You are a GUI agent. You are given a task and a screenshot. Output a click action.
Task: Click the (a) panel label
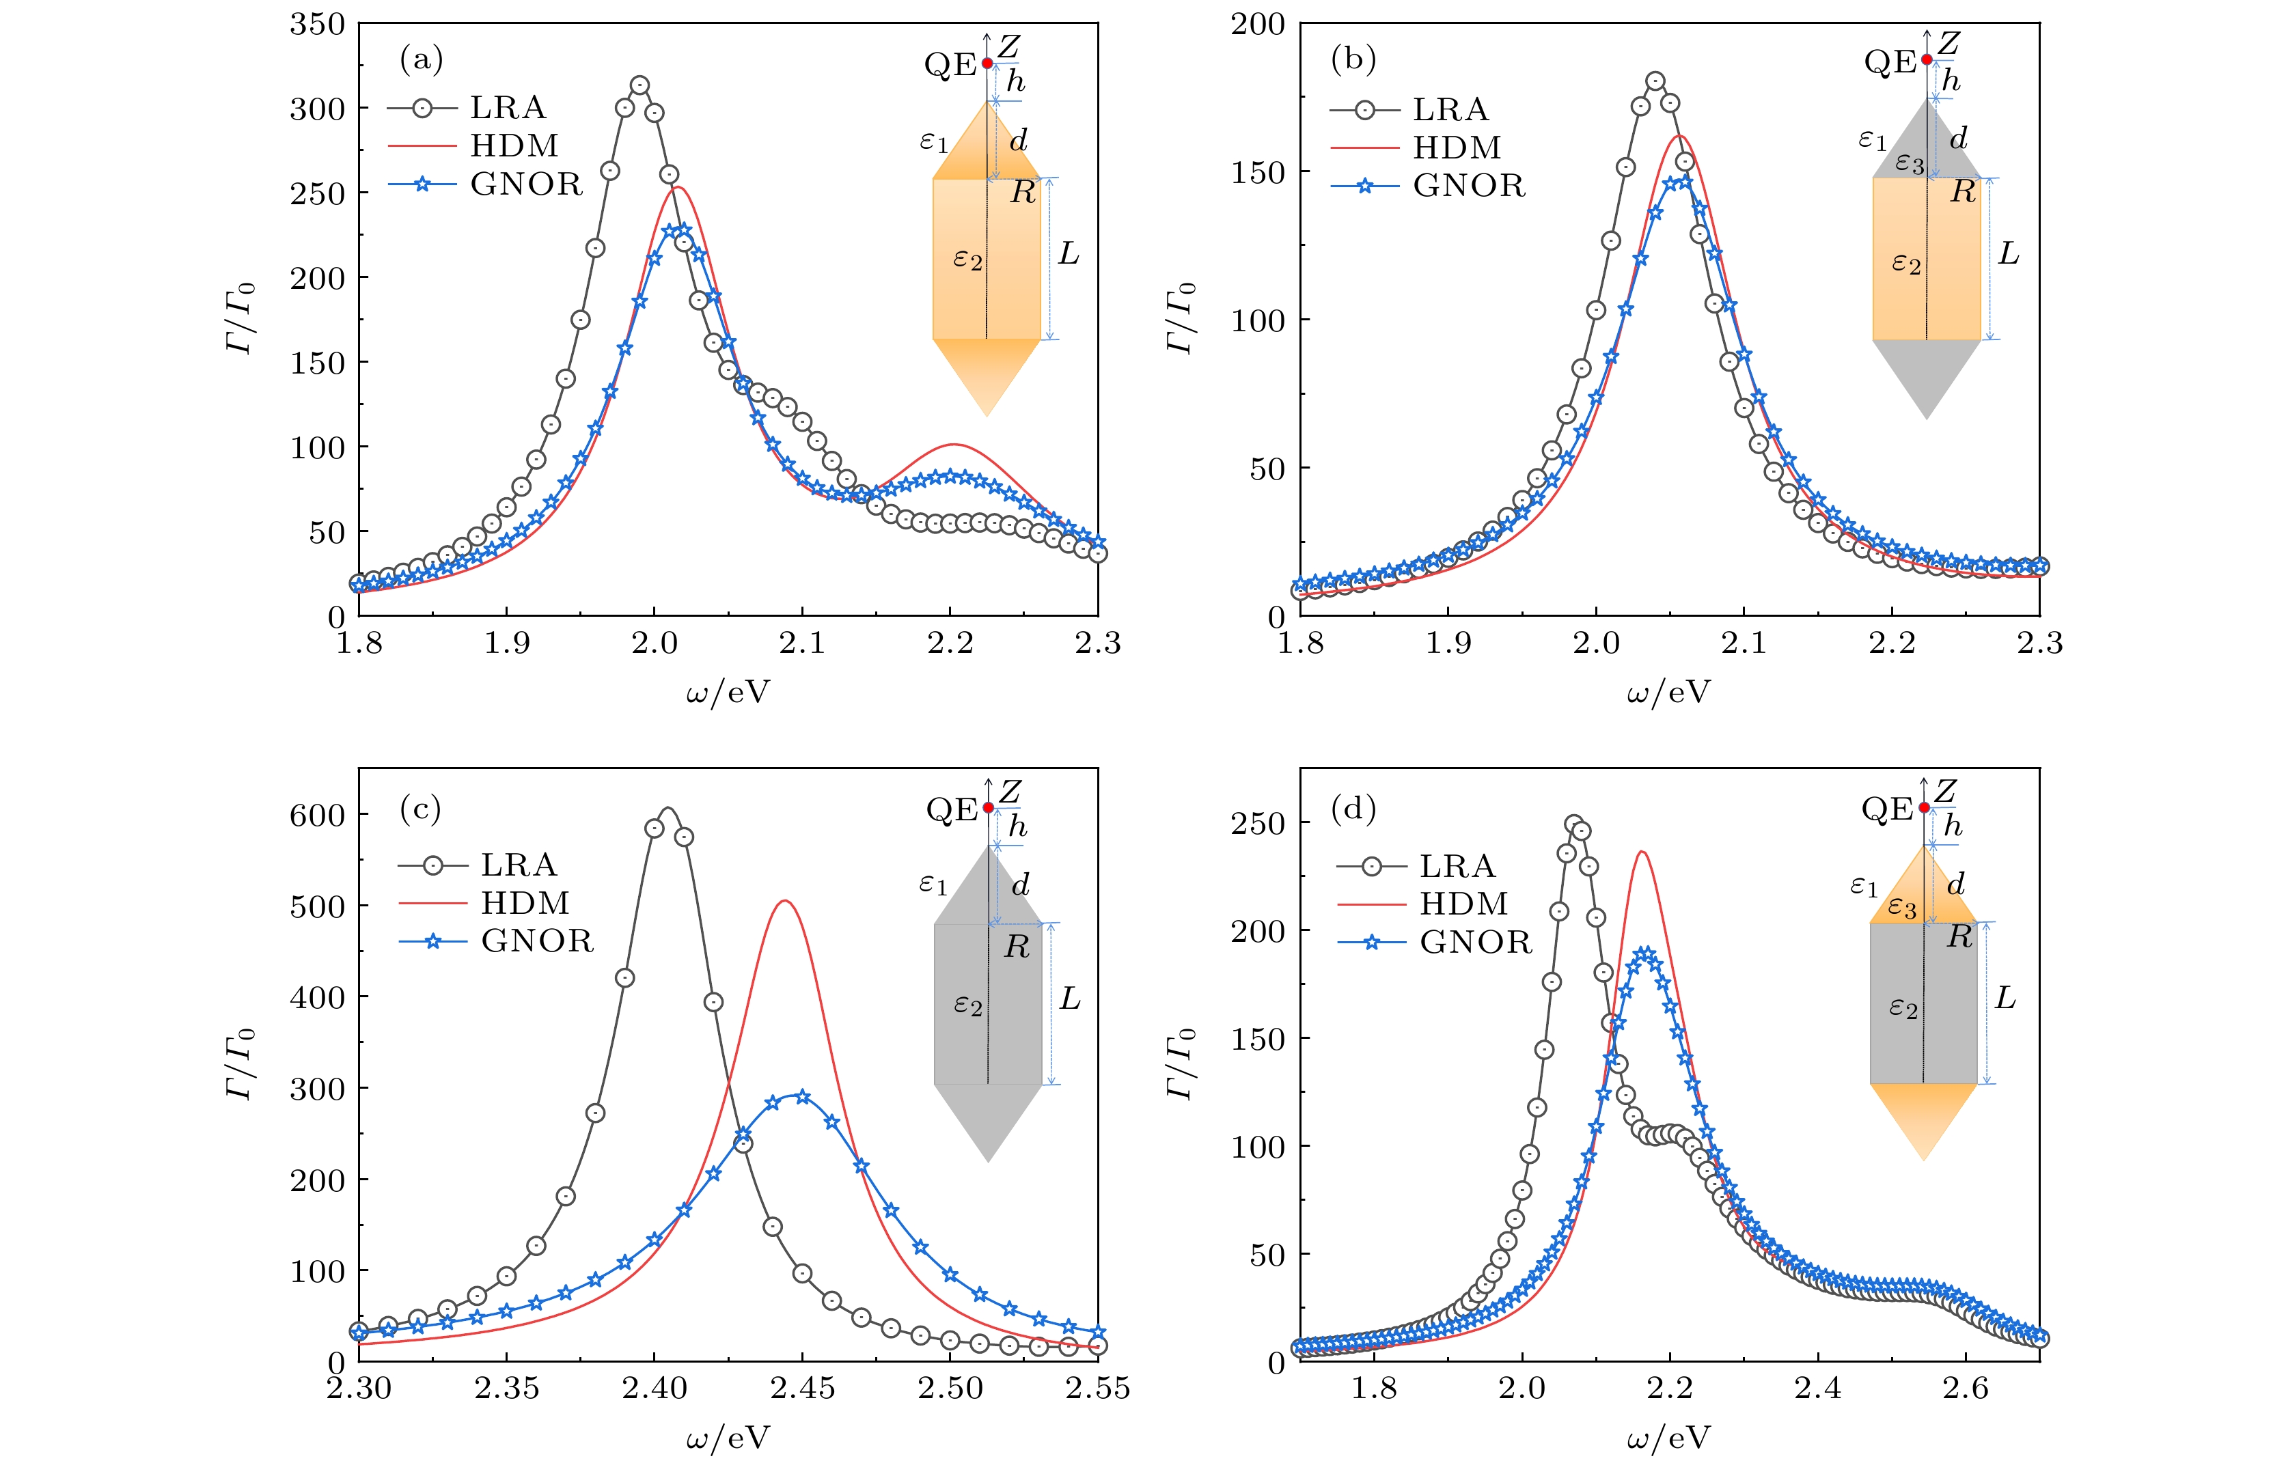pos(421,60)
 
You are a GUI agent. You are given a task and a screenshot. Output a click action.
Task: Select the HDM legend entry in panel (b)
pos(1457,148)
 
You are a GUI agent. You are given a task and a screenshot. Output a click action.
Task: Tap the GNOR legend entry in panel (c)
pos(537,940)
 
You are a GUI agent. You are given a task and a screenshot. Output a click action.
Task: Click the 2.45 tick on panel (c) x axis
pos(802,1388)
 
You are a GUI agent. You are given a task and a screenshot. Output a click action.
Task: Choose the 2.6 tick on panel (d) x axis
pos(1965,1388)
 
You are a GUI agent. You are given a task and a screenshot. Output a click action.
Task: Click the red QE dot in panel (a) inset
pos(987,64)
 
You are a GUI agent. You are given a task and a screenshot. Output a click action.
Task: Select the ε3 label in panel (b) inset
pos(1909,163)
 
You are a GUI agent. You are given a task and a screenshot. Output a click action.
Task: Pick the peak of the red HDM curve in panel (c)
pos(785,901)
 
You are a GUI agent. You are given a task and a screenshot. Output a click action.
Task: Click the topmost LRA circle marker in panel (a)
pos(639,85)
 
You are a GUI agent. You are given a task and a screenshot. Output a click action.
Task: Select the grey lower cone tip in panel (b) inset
pos(1926,417)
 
